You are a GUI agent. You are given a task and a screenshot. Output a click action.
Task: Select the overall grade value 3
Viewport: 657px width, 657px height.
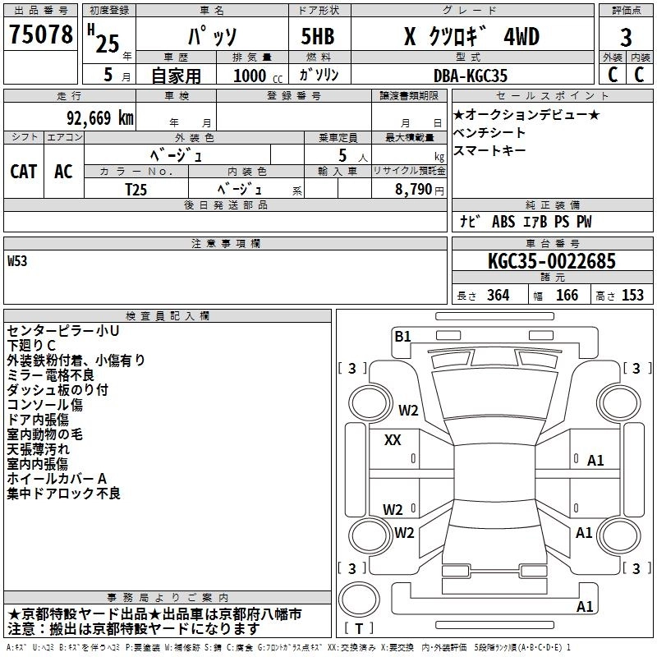coord(626,38)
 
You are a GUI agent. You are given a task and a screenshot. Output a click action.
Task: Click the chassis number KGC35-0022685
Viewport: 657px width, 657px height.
coord(551,262)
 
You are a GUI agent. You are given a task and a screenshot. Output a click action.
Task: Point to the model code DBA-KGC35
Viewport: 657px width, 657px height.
coord(471,76)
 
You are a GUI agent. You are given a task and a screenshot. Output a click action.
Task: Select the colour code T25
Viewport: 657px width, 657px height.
coord(136,188)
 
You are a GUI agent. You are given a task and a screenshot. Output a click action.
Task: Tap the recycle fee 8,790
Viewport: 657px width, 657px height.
coord(409,189)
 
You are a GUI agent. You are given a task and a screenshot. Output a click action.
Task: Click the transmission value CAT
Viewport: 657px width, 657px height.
coord(24,171)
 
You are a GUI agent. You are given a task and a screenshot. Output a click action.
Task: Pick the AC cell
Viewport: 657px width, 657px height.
coord(63,171)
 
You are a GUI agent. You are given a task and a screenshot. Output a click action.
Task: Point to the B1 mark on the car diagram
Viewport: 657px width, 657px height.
coord(402,335)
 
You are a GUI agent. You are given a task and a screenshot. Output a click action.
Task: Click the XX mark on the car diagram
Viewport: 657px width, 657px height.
coord(393,440)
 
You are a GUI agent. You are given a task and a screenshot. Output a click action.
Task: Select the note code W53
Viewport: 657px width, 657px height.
coord(17,262)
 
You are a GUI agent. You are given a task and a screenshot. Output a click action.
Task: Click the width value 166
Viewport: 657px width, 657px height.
coord(567,296)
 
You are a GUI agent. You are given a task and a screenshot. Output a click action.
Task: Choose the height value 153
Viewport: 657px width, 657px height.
coord(632,296)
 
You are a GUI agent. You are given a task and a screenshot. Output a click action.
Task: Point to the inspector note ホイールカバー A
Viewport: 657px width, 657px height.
coord(57,479)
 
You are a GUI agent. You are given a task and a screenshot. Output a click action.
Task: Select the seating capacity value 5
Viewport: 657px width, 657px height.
coord(341,155)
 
